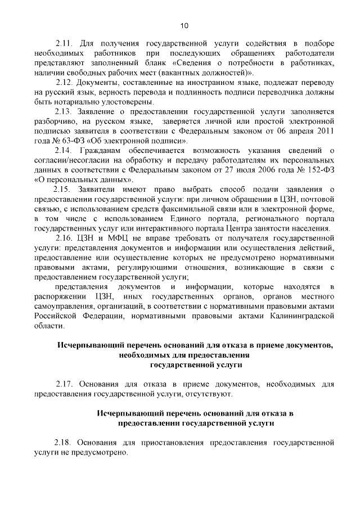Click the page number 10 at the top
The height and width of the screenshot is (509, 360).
(184, 25)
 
